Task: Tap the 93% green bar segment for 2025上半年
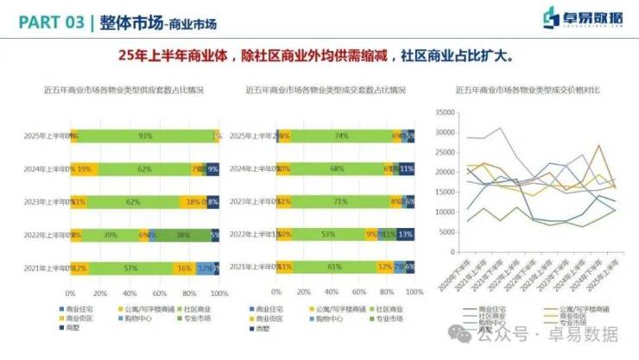[x=145, y=136]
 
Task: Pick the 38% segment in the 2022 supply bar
[x=183, y=234]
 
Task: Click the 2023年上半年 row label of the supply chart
[x=45, y=201]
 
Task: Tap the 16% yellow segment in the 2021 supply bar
[x=184, y=268]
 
